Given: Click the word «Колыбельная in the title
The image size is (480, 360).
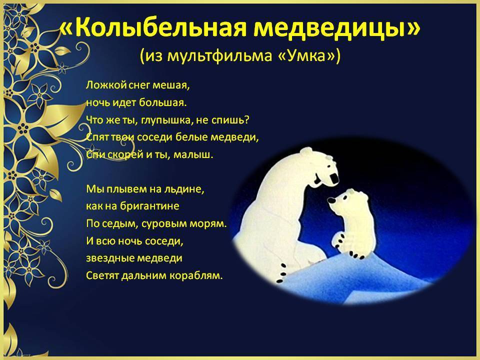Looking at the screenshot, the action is click(153, 27).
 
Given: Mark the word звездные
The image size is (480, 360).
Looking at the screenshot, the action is click(108, 258).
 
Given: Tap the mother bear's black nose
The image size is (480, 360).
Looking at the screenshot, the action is click(335, 178).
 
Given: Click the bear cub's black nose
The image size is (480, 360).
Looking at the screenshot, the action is click(331, 200).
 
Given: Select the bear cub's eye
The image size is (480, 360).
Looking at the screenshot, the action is click(344, 198).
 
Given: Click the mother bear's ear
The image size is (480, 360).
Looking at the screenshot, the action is click(306, 151).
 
